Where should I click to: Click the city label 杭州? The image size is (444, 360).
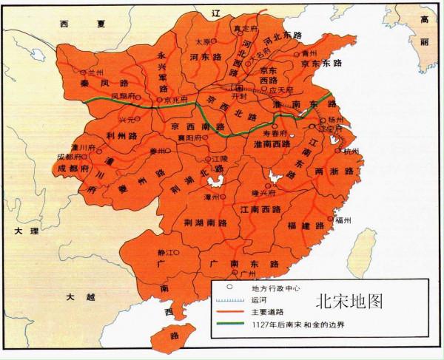tap(351, 152)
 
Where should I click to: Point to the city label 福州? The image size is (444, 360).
tap(343, 220)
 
